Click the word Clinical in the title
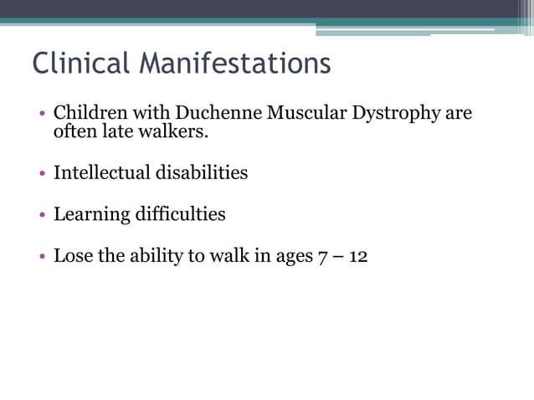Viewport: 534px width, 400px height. tap(80, 64)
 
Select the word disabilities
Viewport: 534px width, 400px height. tap(202, 173)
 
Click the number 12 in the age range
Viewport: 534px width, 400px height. tap(358, 257)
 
